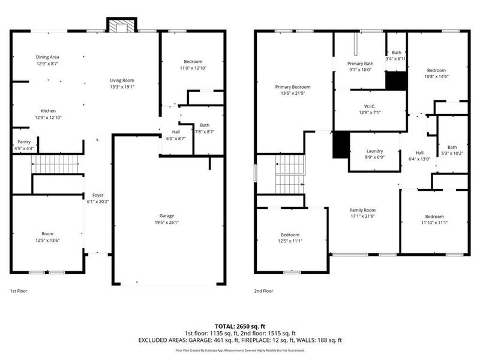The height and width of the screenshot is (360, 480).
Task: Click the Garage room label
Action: pyautogui.click(x=166, y=215)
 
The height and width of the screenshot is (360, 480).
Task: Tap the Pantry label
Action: pyautogui.click(x=24, y=142)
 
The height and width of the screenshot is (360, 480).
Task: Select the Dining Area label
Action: pyautogui.click(x=47, y=57)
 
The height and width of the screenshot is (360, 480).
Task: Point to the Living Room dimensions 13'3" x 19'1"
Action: pyautogui.click(x=122, y=86)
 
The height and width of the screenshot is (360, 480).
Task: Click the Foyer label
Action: pyautogui.click(x=97, y=195)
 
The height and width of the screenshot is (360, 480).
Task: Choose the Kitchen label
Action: pyautogui.click(x=48, y=111)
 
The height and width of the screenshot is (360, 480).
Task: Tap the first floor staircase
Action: pyautogui.click(x=55, y=163)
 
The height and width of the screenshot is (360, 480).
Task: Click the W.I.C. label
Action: pyautogui.click(x=370, y=106)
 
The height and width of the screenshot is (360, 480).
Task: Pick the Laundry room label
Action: pyautogui.click(x=374, y=151)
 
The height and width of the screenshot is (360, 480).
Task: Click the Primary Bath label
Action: pyautogui.click(x=360, y=63)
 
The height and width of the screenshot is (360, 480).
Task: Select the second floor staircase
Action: pyautogui.click(x=290, y=173)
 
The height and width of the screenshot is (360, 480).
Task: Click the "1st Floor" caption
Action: pyautogui.click(x=19, y=291)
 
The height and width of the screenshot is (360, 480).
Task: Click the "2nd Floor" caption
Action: pyautogui.click(x=263, y=291)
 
